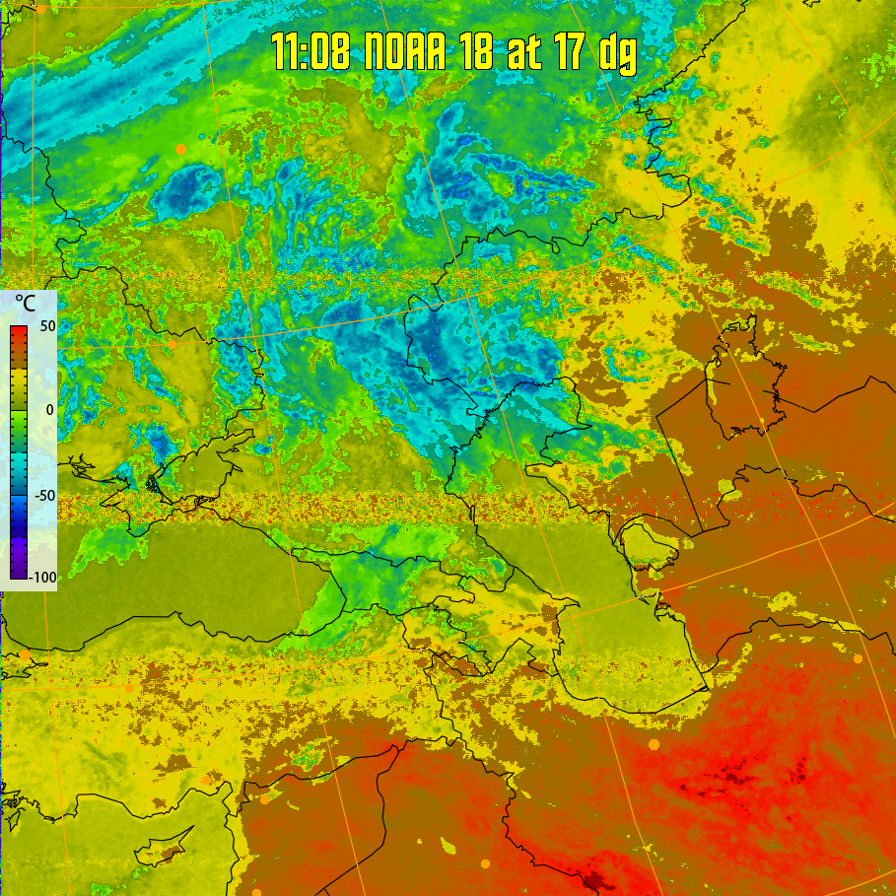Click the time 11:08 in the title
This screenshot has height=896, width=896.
tap(311, 53)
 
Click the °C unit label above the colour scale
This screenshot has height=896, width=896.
tap(25, 303)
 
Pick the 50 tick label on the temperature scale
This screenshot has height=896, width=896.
tap(45, 326)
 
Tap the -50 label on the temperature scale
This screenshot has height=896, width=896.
tap(43, 495)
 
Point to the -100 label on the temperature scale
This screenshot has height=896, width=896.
tap(41, 577)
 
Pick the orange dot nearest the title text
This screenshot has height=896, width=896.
tap(180, 148)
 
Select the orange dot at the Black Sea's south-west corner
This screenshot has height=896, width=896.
tap(25, 655)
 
